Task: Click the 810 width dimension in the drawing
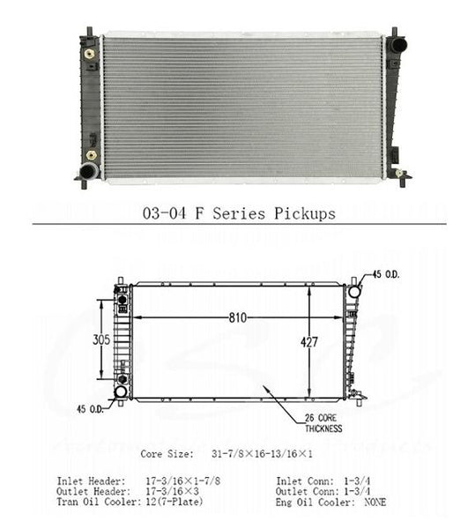click(238, 317)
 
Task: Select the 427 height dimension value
click(308, 342)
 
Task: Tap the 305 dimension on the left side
click(101, 339)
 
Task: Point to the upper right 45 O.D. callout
click(386, 274)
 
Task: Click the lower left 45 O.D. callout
click(91, 409)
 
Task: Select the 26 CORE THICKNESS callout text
click(323, 423)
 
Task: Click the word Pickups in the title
click(304, 214)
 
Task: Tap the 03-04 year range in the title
click(164, 213)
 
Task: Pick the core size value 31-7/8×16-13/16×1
click(262, 454)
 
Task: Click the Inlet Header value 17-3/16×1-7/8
click(182, 481)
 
